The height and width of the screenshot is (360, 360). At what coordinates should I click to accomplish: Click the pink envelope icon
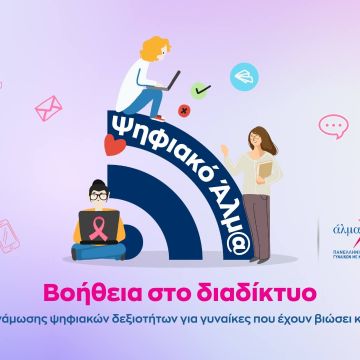pos(48,108)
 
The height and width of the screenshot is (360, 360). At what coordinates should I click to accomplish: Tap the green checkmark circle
pos(202,90)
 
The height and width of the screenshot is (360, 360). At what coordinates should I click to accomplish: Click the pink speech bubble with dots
pos(333,126)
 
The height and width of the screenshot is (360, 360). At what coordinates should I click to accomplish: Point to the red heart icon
pos(113,146)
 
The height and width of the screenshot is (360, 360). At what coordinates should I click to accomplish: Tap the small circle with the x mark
pos(183,110)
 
